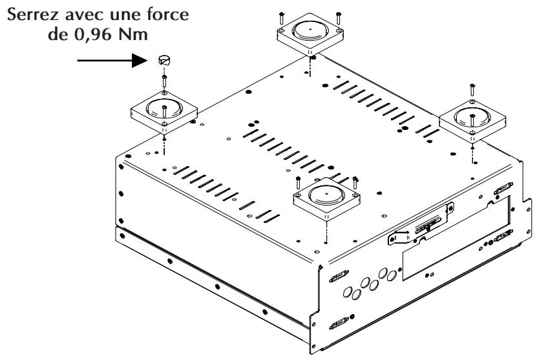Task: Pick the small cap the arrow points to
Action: tap(164, 61)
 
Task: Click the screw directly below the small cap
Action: tap(165, 79)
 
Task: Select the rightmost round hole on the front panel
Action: tap(392, 275)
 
